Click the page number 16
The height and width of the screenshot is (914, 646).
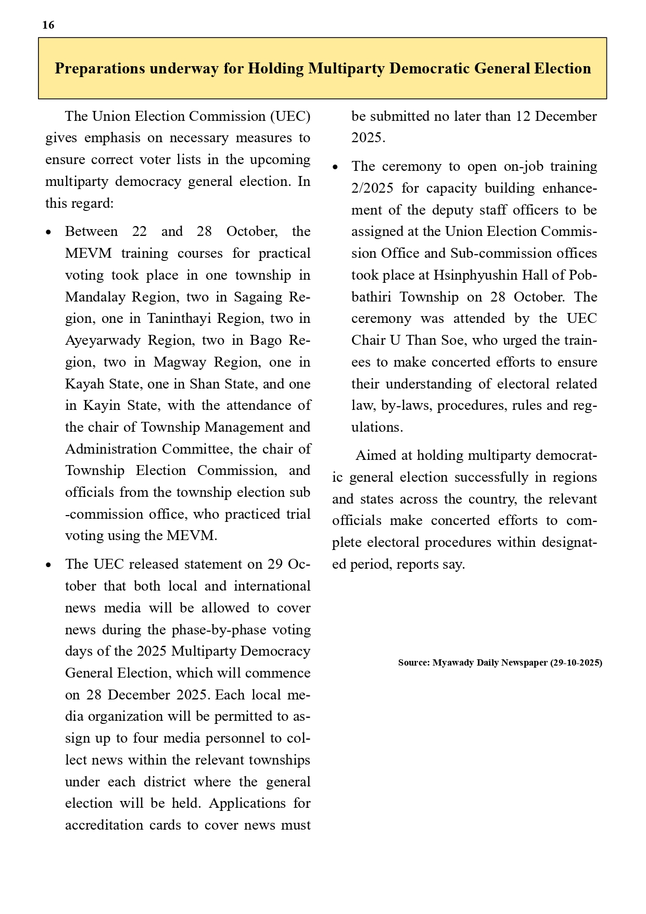click(x=48, y=25)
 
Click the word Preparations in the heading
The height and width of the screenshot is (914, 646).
click(x=99, y=69)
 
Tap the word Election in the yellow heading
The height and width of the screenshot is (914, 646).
click(x=560, y=69)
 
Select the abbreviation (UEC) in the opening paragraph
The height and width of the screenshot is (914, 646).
click(x=290, y=116)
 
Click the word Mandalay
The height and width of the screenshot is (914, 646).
click(x=96, y=297)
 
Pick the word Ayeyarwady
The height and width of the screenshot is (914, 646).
click(x=103, y=340)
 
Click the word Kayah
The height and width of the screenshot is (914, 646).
click(x=85, y=384)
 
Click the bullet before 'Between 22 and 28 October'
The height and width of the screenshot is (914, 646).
click(x=49, y=232)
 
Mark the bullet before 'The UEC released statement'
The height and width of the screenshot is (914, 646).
click(x=49, y=565)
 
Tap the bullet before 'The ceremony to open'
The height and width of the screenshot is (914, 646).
click(x=335, y=167)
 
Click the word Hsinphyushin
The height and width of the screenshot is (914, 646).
click(x=477, y=275)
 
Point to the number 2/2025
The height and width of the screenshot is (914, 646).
click(x=372, y=188)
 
